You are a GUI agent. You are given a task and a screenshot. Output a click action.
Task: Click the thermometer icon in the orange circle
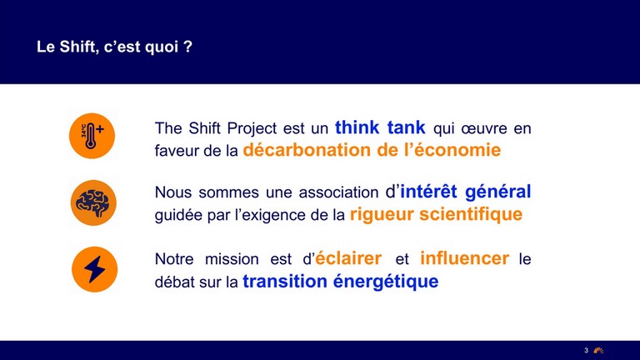coord(92,136)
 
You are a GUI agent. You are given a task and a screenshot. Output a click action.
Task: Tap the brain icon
coord(93,202)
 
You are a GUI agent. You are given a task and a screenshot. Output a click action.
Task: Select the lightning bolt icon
coord(94,269)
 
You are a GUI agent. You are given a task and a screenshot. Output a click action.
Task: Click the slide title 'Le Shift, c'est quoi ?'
coord(114,47)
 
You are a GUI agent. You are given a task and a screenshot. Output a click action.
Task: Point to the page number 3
coord(586,350)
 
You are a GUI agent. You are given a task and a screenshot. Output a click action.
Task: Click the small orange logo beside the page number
coord(598,350)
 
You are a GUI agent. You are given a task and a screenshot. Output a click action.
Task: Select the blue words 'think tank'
coord(380,127)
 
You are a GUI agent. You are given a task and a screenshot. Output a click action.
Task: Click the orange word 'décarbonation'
coord(307,150)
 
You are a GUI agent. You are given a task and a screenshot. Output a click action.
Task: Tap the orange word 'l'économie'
coord(452,150)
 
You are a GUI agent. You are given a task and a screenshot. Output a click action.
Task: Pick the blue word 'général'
coord(498,192)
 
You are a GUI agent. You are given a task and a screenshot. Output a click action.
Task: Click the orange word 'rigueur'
coord(382,215)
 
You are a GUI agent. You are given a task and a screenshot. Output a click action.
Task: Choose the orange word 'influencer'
coord(464,258)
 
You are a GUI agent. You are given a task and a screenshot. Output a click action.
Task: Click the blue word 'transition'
coord(285,281)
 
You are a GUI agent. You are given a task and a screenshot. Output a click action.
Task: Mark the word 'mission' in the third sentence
coord(232,259)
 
